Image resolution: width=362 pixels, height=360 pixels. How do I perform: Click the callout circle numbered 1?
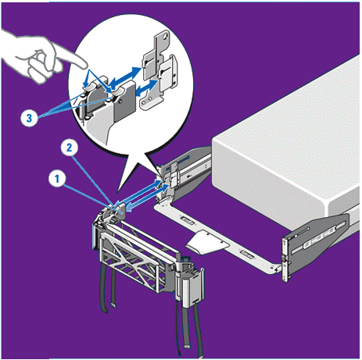click(x=57, y=179)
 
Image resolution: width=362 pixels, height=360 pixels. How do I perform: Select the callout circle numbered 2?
click(x=69, y=148)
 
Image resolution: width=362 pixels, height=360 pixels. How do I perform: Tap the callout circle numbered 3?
click(x=29, y=118)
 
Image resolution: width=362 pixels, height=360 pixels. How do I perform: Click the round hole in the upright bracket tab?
click(x=164, y=37)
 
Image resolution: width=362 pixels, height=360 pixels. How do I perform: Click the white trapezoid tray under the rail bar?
click(x=206, y=242)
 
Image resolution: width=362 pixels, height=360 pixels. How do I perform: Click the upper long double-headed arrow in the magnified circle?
click(x=125, y=77)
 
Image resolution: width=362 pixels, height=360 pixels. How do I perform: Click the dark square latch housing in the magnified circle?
click(x=124, y=101)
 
